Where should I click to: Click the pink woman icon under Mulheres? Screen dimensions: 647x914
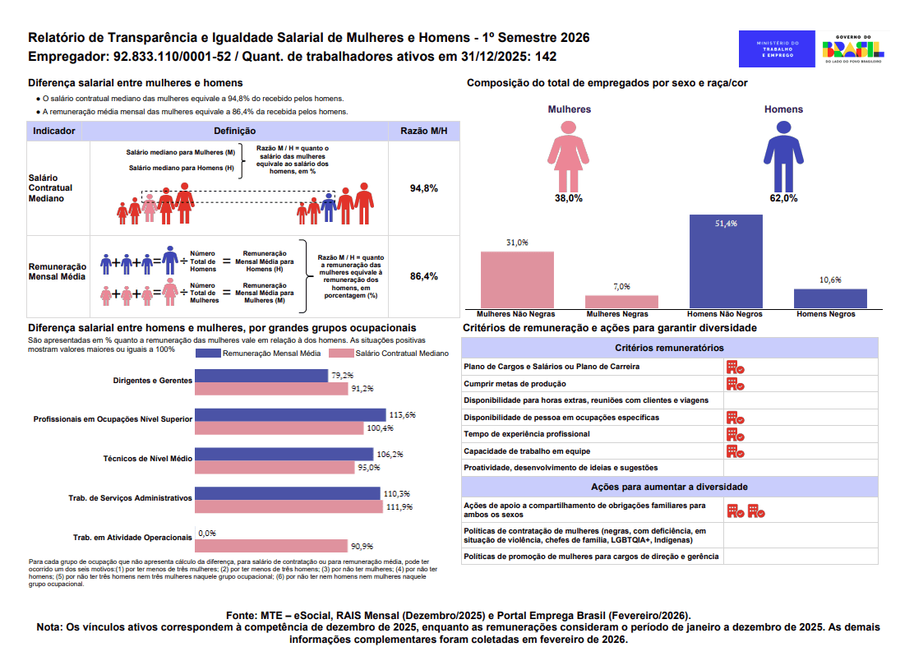(x=568, y=155)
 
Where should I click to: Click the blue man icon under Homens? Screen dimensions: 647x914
(x=781, y=155)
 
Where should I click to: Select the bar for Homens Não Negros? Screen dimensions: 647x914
(x=726, y=261)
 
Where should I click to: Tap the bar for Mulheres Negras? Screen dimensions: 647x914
(x=621, y=301)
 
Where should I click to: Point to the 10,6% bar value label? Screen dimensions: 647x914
(x=830, y=280)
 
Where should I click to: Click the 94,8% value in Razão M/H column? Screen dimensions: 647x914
(x=423, y=188)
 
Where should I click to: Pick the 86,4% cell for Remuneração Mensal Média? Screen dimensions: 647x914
(x=423, y=276)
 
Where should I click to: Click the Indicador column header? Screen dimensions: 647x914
(x=54, y=131)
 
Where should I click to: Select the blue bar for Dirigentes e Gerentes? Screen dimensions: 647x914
(x=261, y=376)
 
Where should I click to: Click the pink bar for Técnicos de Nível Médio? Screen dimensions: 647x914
(x=275, y=467)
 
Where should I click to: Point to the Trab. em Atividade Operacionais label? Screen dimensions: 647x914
(x=132, y=538)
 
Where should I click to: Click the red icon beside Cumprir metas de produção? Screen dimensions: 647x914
(x=735, y=384)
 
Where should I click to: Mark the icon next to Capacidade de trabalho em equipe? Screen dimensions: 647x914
(x=735, y=451)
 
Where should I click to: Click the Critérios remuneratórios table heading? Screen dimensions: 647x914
(x=669, y=349)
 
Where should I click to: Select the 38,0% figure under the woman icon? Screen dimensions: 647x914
(x=568, y=198)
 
